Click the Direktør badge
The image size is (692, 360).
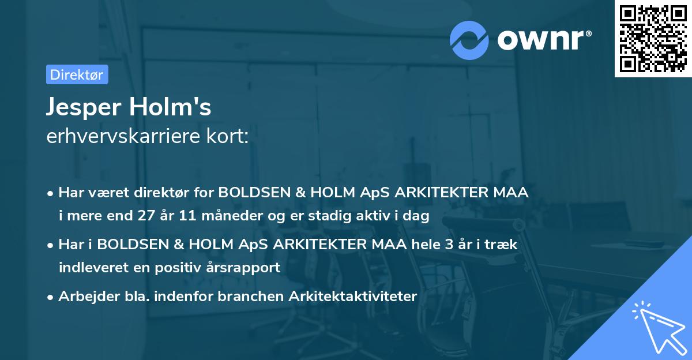point(77,75)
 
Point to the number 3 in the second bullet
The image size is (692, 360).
point(447,245)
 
